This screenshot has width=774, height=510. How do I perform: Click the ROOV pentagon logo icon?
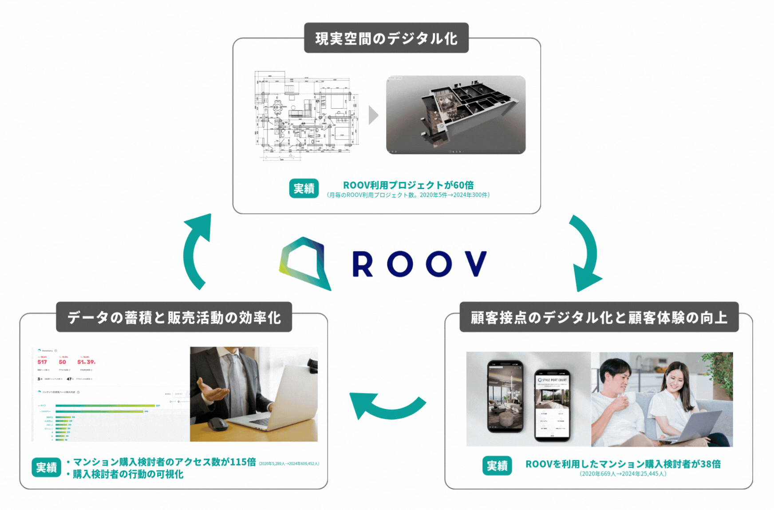point(305,263)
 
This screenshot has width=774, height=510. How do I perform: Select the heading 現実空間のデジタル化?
point(386,38)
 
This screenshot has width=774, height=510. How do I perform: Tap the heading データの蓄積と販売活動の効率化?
point(174,317)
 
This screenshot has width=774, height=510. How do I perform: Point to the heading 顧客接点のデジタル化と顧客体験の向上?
point(599,317)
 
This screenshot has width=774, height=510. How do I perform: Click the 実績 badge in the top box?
point(304,188)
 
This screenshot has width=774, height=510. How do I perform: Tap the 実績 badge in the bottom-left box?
point(46,467)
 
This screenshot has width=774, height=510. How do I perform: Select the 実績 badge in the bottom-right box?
point(497,466)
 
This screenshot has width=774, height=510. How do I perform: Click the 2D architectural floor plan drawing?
point(306,115)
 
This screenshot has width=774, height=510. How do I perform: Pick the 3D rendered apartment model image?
point(456,115)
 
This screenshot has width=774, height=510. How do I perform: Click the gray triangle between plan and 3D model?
point(373,115)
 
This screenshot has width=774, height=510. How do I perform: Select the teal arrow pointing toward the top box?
point(197,251)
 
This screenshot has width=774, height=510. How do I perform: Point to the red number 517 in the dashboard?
point(42,362)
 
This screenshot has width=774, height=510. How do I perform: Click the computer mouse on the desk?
point(217,424)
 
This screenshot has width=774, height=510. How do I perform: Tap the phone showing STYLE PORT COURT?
point(552,405)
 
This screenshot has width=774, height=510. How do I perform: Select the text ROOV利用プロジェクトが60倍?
point(408,185)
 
